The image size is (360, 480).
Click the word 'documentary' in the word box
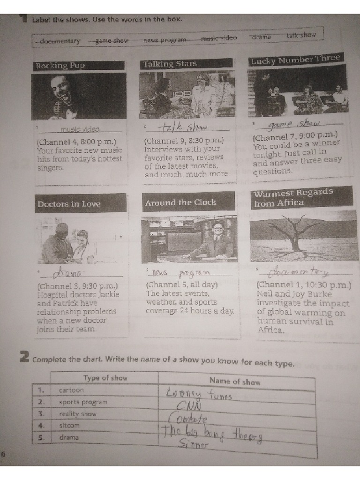click(x=60, y=41)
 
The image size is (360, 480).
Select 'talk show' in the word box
click(x=301, y=35)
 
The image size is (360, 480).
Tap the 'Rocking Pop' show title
click(x=60, y=66)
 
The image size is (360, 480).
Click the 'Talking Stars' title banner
click(x=170, y=64)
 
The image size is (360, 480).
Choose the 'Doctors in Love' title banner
click(x=69, y=204)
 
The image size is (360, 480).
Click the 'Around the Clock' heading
click(x=180, y=202)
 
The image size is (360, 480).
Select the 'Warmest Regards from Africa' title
click(x=293, y=197)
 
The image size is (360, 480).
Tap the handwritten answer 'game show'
click(x=293, y=123)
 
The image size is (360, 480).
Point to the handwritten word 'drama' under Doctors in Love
click(x=67, y=272)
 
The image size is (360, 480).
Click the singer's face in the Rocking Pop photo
click(x=61, y=89)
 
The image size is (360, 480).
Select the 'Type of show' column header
click(x=105, y=378)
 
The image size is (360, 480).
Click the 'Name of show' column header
click(x=234, y=382)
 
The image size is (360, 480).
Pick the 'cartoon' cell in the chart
click(x=71, y=390)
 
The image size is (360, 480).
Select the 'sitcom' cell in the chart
click(x=69, y=426)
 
